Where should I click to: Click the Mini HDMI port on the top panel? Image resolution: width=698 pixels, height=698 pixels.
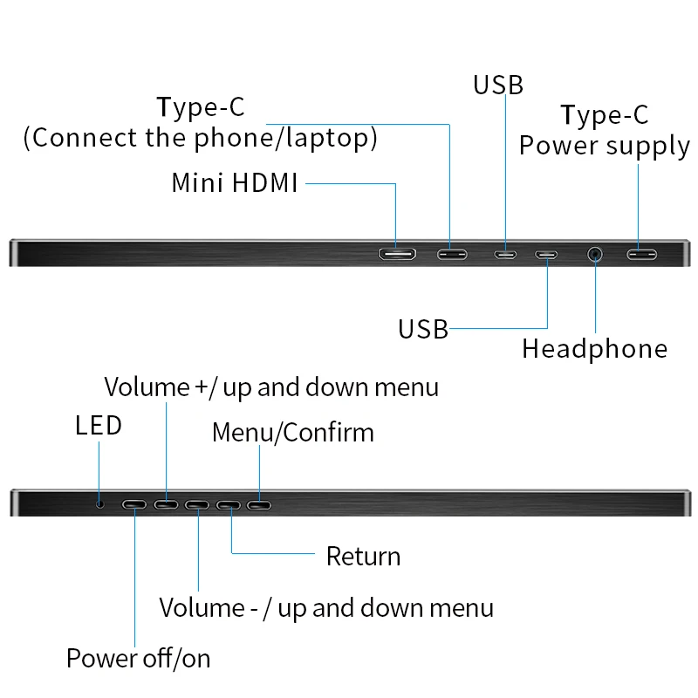tap(396, 255)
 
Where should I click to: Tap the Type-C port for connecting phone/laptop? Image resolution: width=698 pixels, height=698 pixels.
tap(450, 255)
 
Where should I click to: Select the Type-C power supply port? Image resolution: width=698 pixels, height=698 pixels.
tap(641, 255)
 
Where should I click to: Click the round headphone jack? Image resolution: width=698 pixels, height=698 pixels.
tap(595, 255)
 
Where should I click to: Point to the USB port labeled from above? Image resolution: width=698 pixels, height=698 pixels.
tap(504, 255)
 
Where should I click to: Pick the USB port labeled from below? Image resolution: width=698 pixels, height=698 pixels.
tap(547, 255)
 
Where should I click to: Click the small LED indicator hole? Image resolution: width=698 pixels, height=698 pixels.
tap(100, 503)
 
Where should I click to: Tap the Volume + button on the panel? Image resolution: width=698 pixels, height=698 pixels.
tap(166, 504)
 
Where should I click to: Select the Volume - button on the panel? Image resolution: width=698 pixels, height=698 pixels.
tap(197, 504)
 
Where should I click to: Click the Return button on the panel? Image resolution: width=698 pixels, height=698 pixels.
tap(229, 504)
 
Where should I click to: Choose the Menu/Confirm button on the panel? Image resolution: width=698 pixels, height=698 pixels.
tap(259, 504)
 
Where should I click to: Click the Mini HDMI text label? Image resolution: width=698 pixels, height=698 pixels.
tap(235, 183)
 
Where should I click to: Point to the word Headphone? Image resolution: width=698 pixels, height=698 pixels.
tap(594, 349)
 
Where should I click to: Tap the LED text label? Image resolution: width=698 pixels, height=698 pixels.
tap(99, 426)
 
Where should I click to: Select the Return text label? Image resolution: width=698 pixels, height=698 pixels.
tap(363, 557)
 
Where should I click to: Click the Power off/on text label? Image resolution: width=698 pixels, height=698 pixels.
tap(139, 658)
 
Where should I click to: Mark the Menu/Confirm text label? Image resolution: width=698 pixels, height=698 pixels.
tap(292, 433)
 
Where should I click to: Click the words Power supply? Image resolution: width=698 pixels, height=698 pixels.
tap(604, 146)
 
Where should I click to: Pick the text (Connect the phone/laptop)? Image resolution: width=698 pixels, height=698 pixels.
tap(200, 139)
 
